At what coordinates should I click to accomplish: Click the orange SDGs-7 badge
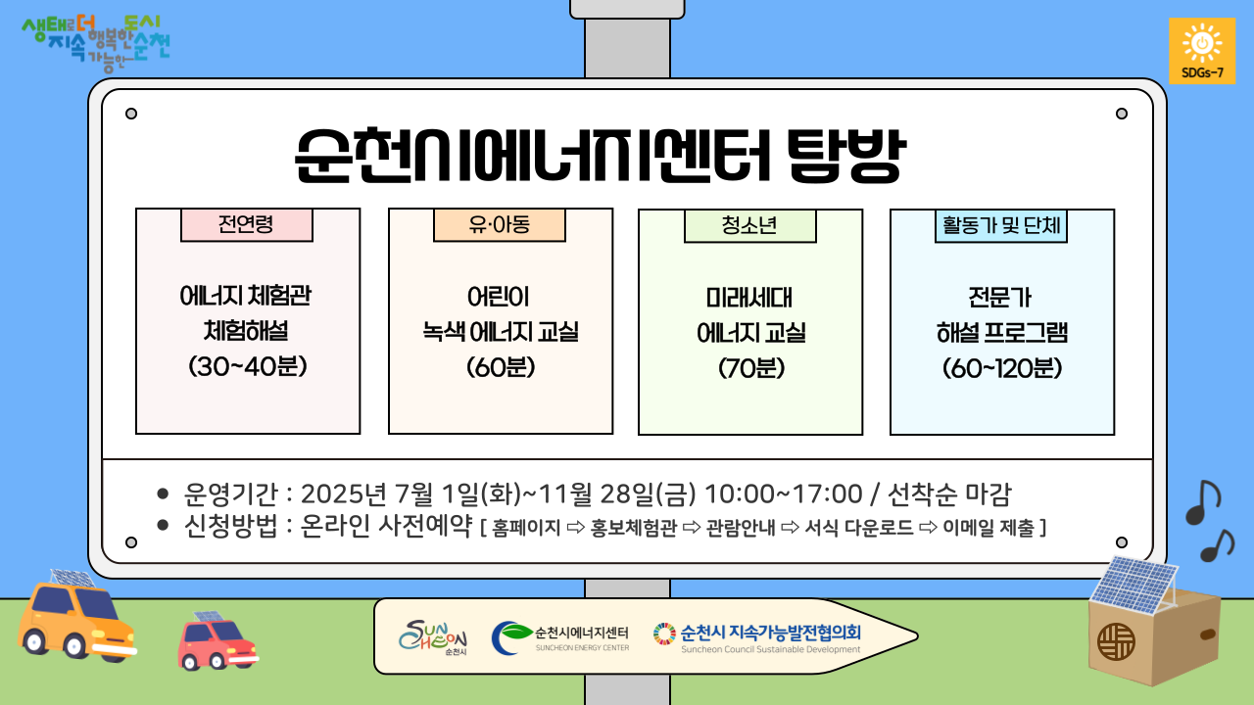coord(1202,51)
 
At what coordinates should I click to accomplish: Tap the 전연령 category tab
coord(246,225)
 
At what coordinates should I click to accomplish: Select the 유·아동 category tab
coord(500,225)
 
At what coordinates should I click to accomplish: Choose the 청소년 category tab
coord(750,226)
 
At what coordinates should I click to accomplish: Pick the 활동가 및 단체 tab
coord(1001,226)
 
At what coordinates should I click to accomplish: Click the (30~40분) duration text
coord(248,366)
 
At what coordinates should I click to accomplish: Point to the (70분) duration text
coord(751,368)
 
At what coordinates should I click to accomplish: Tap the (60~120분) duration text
coord(1002,368)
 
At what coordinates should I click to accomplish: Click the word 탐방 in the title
coord(845,156)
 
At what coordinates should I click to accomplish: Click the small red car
coord(217,641)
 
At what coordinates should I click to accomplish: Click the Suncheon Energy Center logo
coord(559,637)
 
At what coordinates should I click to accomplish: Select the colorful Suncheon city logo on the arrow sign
coord(433,636)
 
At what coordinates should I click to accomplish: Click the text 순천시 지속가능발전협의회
coord(770,633)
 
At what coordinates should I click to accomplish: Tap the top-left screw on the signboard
coord(131,114)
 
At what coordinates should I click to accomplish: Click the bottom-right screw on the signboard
coord(1122,542)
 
